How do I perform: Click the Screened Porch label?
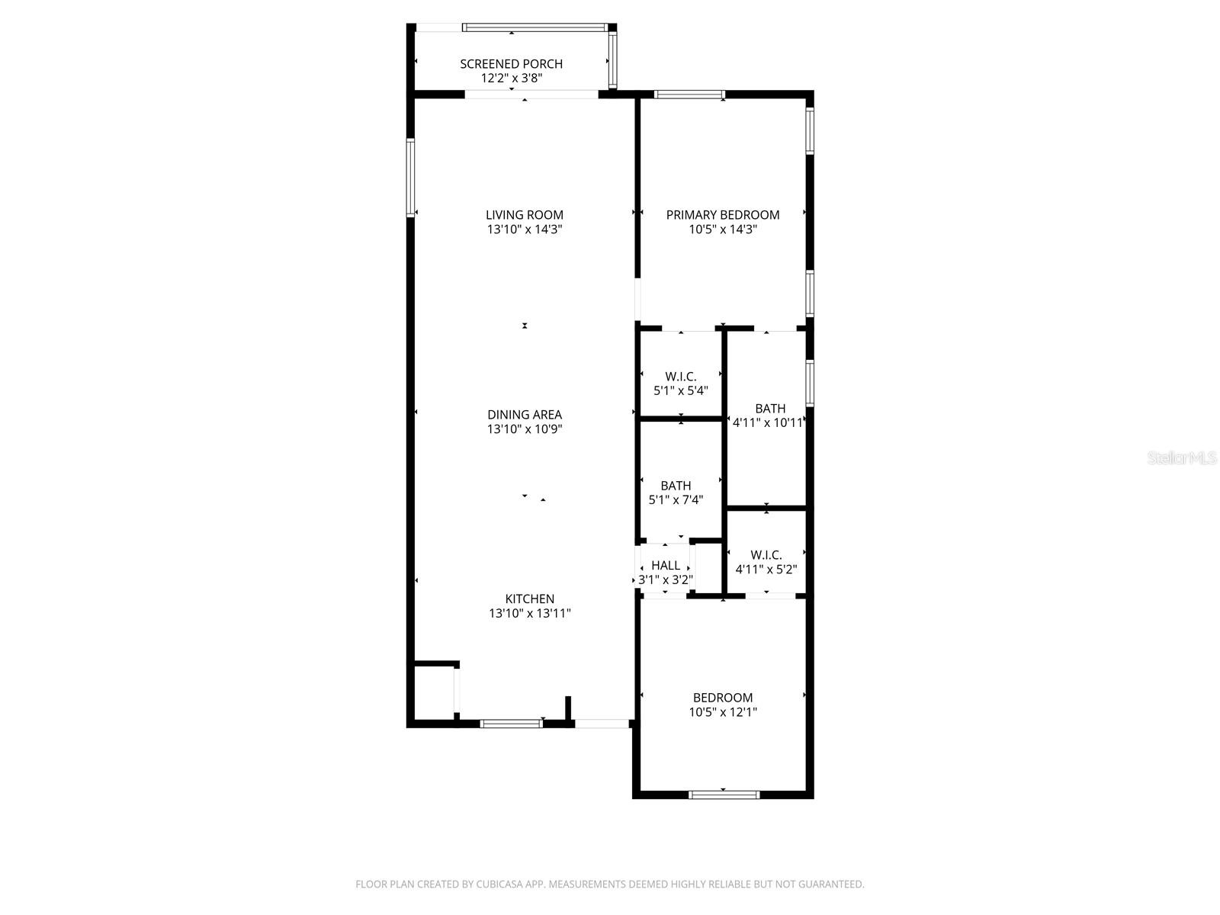click(x=512, y=64)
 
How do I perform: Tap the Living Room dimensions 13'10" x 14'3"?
click(x=525, y=230)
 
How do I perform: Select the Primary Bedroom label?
click(x=723, y=215)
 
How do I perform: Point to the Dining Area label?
click(x=525, y=415)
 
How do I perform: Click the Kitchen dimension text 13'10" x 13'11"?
click(x=530, y=613)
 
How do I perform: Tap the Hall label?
click(x=666, y=566)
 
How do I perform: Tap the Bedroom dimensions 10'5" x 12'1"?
click(x=723, y=712)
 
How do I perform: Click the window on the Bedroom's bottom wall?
click(x=724, y=795)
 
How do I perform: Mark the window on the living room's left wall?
click(x=410, y=178)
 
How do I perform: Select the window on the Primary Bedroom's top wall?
click(x=689, y=95)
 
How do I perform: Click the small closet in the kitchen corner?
click(x=434, y=690)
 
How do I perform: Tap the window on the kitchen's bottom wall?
click(x=511, y=723)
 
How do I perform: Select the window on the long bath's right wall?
click(x=810, y=383)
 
